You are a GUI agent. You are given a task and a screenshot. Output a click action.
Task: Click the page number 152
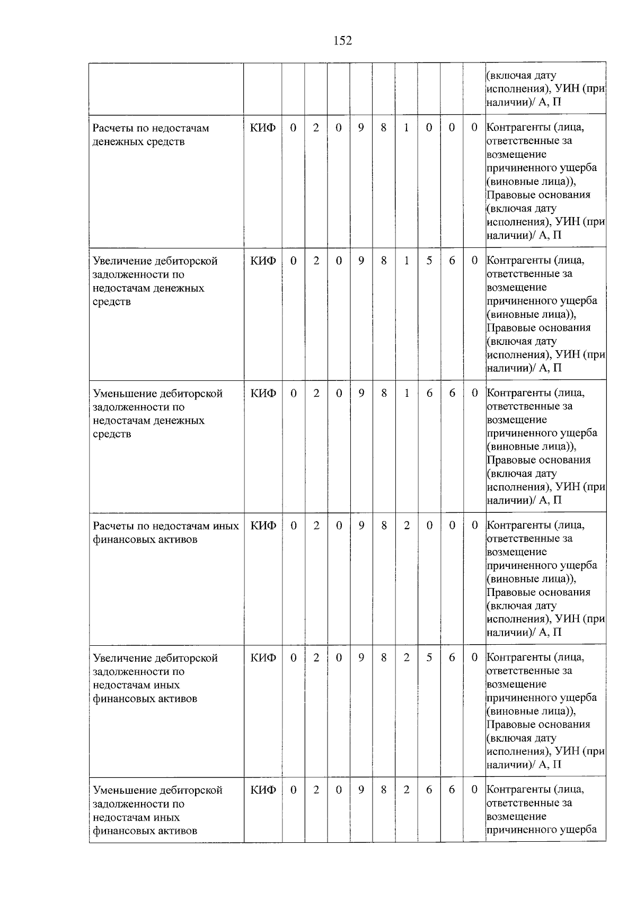(342, 41)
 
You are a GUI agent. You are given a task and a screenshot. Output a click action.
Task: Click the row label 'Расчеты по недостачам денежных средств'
(151, 135)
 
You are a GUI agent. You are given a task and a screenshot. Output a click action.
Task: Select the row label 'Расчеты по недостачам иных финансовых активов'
(165, 532)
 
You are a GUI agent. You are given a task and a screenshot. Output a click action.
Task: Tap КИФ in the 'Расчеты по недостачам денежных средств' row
(263, 128)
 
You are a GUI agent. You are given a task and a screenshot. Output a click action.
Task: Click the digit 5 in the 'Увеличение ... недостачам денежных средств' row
(429, 261)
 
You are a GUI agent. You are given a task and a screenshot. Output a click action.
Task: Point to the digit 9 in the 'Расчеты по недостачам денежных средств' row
(361, 128)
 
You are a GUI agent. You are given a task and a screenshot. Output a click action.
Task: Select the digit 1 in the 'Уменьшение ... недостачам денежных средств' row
(407, 393)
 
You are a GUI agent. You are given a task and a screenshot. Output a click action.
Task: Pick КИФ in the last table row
(263, 790)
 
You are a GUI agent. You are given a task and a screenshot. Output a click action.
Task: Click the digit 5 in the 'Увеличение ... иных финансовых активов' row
(429, 657)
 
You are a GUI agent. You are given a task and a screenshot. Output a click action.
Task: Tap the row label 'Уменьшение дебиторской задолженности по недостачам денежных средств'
(157, 413)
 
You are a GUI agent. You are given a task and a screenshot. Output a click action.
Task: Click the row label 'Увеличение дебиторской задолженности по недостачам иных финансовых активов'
(155, 678)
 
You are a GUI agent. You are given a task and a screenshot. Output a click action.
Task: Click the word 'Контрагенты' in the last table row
(518, 789)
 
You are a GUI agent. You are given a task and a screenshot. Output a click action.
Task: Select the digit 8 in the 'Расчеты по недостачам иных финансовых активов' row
(384, 526)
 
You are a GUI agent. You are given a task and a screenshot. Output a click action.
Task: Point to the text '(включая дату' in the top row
(522, 76)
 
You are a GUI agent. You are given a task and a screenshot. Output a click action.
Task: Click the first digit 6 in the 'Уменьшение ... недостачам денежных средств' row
(429, 393)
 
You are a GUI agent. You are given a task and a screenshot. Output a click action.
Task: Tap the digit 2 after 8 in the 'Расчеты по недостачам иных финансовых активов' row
(407, 526)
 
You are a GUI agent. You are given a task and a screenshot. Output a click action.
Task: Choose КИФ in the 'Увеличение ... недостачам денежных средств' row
(263, 261)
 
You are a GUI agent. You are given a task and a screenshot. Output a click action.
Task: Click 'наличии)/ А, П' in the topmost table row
(524, 102)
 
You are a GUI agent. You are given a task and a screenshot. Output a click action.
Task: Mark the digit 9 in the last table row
(361, 790)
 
